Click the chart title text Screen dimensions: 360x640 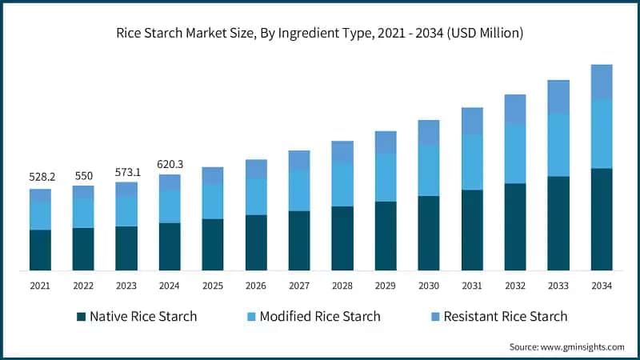(x=320, y=34)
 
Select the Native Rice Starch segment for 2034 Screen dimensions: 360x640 (x=601, y=219)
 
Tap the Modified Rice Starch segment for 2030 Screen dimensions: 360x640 (x=429, y=170)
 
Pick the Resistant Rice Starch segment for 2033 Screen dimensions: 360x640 (x=558, y=97)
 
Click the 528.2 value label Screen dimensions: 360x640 (x=40, y=176)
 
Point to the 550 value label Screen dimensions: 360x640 (x=83, y=176)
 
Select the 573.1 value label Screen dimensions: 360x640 (x=126, y=172)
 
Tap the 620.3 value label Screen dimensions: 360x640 (x=170, y=165)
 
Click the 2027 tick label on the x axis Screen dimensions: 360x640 (x=299, y=286)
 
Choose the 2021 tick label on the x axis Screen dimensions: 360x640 (x=40, y=286)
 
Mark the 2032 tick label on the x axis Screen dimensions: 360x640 (x=514, y=286)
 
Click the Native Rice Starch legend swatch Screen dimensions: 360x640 (x=81, y=317)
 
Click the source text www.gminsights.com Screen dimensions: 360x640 (x=567, y=346)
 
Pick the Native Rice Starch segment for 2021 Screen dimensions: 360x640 (x=40, y=250)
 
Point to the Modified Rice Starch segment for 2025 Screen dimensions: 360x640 (x=213, y=202)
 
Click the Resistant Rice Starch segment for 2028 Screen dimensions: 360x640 (x=342, y=152)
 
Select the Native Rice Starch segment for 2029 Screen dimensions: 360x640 (x=386, y=236)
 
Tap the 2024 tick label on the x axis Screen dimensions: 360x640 (x=170, y=286)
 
